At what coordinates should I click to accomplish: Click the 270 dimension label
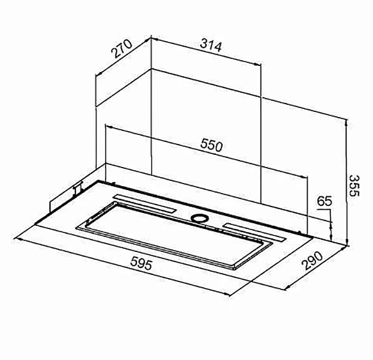[x=122, y=49]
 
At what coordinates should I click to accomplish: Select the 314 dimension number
[x=210, y=46]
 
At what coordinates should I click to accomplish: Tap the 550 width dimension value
[x=212, y=145]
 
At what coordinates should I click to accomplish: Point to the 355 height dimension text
[x=354, y=185]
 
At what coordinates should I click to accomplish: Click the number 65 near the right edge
[x=324, y=201]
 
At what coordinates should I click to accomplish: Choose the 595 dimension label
[x=141, y=263]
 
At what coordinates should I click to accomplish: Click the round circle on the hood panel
[x=200, y=218]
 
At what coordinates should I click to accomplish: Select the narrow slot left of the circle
[x=145, y=203]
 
